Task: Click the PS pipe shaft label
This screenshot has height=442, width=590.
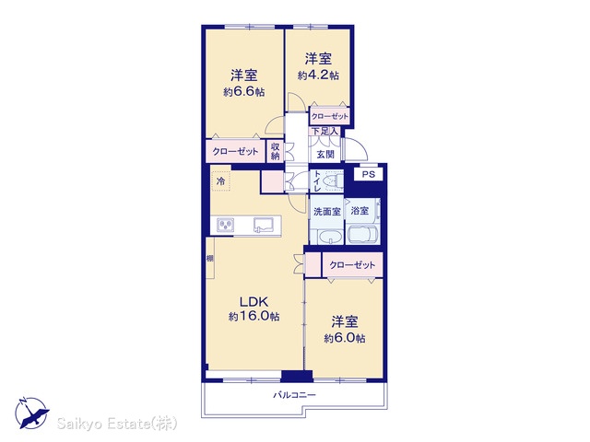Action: tap(369, 174)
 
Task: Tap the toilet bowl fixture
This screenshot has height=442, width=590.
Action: tap(335, 180)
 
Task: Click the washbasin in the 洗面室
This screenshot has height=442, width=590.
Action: tap(330, 237)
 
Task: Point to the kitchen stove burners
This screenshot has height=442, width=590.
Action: tap(226, 225)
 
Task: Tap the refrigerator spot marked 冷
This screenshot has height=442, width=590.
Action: tap(220, 181)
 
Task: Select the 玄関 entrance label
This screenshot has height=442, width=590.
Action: tap(325, 154)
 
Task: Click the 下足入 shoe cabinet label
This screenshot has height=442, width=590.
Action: tap(324, 131)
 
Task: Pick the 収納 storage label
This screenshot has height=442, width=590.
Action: tap(275, 151)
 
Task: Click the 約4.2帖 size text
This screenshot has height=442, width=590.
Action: tap(318, 76)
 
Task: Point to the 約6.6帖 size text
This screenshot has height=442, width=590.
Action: tap(243, 92)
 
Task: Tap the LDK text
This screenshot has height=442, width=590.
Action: tap(254, 301)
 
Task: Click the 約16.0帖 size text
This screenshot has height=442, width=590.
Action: tap(254, 317)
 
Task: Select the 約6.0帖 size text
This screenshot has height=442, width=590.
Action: tap(344, 338)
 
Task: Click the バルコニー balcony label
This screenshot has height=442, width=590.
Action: tap(294, 395)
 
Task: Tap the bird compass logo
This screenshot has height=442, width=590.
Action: tap(31, 413)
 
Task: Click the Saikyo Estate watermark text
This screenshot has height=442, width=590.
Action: tap(117, 424)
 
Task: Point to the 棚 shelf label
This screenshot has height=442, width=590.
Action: tap(210, 259)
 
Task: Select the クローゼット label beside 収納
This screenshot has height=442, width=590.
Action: tap(235, 151)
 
